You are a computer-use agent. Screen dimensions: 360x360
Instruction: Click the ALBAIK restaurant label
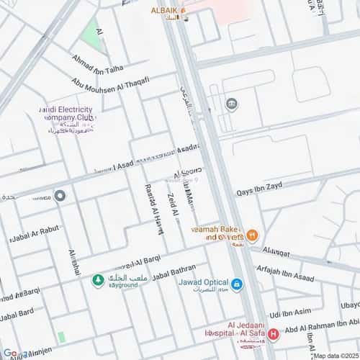click(x=165, y=10)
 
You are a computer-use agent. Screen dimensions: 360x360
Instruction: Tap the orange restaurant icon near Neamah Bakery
click(x=252, y=235)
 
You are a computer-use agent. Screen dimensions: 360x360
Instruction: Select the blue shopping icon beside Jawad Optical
click(x=237, y=284)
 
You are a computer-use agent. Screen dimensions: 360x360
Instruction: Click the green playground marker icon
click(x=97, y=279)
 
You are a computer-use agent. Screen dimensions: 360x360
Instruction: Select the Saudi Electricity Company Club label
click(x=66, y=119)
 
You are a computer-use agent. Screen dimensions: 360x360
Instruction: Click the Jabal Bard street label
click(x=18, y=315)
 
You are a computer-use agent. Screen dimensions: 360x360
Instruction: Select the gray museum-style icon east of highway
click(x=231, y=105)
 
